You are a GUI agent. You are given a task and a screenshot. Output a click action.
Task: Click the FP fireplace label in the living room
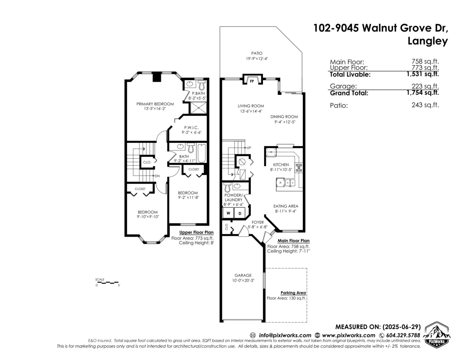(252, 81)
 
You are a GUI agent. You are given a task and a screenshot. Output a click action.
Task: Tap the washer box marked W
(228, 213)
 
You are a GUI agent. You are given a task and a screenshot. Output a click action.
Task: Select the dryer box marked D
(240, 213)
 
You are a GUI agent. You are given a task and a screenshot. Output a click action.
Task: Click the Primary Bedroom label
(155, 104)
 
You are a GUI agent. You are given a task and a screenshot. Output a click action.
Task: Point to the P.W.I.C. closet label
(191, 128)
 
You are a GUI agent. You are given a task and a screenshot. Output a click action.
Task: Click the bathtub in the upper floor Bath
(202, 153)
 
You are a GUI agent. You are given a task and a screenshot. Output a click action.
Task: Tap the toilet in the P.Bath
(202, 85)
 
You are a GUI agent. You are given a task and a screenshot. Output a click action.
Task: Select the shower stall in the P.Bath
(198, 108)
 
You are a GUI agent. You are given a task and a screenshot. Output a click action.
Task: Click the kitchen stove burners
(299, 168)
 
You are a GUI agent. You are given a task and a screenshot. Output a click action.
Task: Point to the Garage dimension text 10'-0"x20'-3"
(243, 280)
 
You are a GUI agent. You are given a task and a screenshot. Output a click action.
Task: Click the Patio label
(257, 53)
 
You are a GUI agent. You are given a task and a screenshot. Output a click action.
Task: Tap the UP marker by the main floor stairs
(249, 148)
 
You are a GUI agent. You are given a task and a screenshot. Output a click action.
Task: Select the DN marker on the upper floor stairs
(157, 176)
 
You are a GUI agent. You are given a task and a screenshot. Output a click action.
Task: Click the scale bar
(107, 283)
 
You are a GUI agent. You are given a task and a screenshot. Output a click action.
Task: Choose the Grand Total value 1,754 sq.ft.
(423, 93)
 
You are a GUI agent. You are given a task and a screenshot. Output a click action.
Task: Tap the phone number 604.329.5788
(403, 335)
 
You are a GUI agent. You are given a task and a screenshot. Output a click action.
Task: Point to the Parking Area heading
(293, 293)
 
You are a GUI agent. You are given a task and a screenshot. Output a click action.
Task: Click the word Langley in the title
(428, 41)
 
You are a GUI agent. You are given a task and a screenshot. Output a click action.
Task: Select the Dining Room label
(284, 117)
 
